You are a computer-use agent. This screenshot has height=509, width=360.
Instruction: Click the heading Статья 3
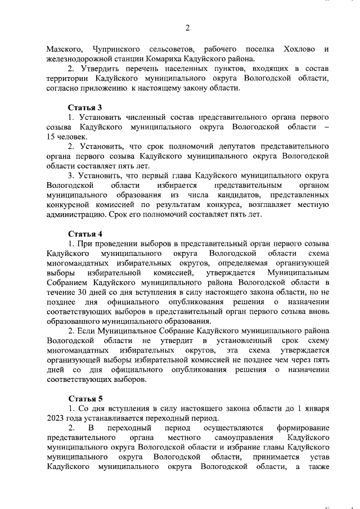point(85,107)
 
